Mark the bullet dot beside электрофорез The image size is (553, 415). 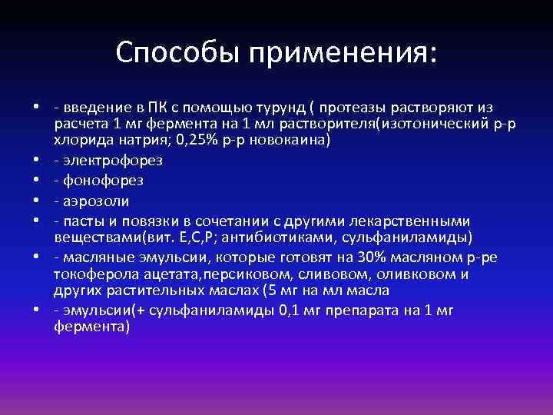coord(36,161)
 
